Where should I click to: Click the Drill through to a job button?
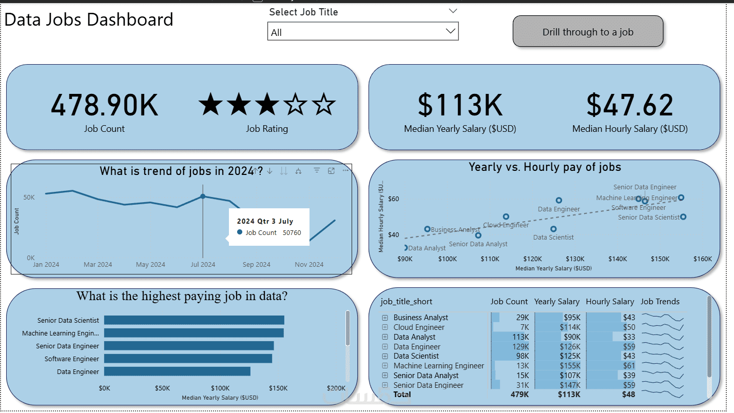[x=588, y=32]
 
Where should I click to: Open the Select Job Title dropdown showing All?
[x=363, y=32]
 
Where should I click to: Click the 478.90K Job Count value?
[x=104, y=105]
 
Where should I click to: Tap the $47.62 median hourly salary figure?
[x=630, y=105]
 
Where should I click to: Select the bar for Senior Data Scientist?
[x=194, y=320]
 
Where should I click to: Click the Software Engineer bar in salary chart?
[x=188, y=359]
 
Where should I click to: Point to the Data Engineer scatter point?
[x=559, y=201]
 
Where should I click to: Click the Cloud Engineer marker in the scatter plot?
[x=506, y=217]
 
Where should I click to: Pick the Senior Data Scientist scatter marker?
[x=683, y=217]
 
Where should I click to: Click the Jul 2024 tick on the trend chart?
[x=203, y=265]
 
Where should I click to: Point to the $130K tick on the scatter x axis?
[x=575, y=259]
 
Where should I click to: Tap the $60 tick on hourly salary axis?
[x=394, y=199]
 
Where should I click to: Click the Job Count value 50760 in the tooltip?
[x=292, y=233]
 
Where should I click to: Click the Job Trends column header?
[x=660, y=302]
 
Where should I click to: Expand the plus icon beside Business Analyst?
[x=384, y=318]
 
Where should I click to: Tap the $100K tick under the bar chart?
[x=220, y=388]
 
